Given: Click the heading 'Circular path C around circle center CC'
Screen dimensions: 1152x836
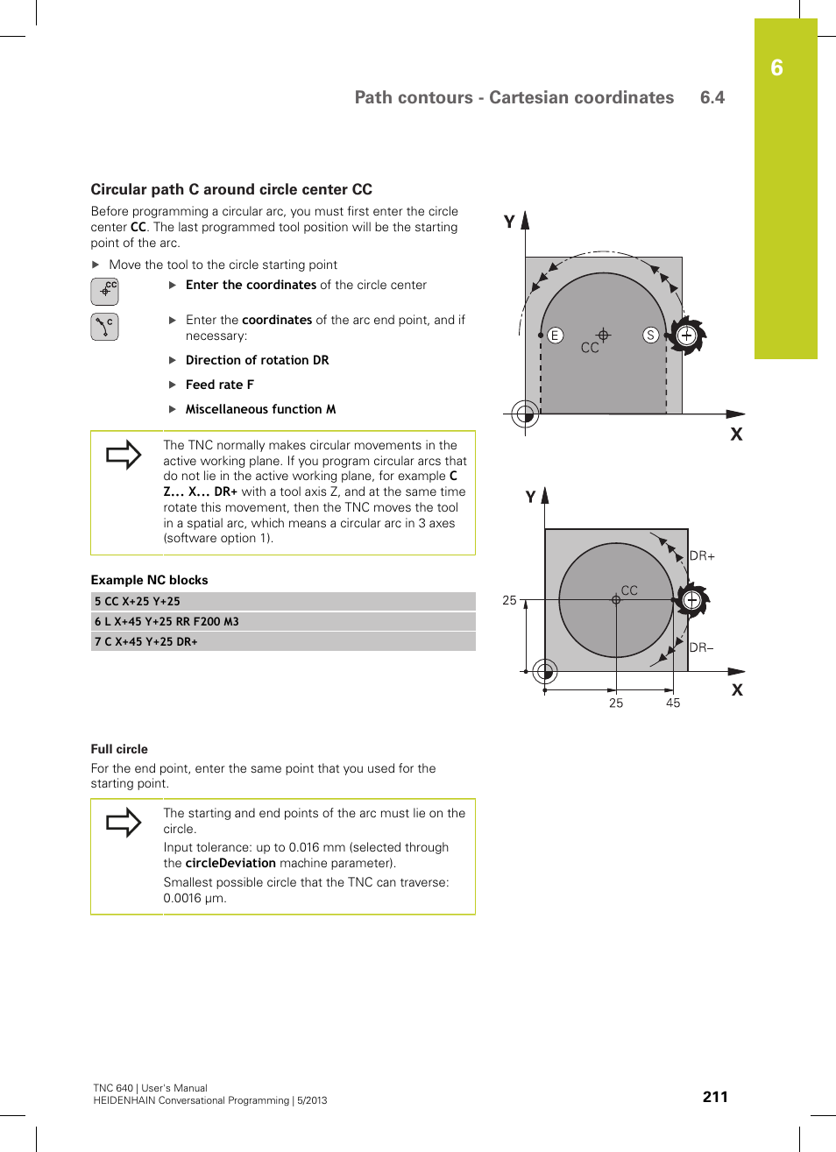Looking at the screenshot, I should click(231, 189).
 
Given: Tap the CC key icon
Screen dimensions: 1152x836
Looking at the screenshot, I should click(104, 291).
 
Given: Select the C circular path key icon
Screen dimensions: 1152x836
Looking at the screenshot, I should click(104, 327).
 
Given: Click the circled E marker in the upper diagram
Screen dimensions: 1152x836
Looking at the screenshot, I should click(555, 336).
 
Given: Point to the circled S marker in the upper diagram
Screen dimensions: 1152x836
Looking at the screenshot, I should click(650, 335).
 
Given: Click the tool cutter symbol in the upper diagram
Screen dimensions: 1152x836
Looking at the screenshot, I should click(686, 336).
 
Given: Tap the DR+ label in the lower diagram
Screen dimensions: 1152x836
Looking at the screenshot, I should click(702, 555).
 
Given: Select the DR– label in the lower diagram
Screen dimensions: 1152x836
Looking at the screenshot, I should click(701, 647).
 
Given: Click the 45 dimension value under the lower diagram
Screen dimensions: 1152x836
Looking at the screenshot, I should click(673, 703).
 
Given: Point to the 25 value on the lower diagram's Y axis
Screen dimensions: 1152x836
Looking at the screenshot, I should click(509, 600).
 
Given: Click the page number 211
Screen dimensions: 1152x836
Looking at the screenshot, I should click(715, 1097).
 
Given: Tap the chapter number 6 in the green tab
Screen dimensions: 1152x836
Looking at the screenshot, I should click(776, 68).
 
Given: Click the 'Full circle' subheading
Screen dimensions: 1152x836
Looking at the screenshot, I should click(119, 749).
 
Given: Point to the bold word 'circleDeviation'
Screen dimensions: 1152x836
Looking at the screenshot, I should click(230, 863).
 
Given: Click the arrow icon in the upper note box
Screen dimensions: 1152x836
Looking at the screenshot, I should click(124, 455).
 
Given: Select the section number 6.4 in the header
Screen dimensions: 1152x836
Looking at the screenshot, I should click(712, 97).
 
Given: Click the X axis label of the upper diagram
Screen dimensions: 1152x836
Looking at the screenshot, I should click(736, 435).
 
